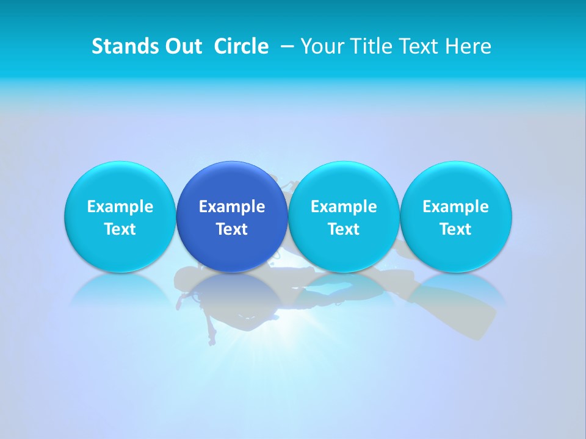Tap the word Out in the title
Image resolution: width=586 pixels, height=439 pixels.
coord(182,46)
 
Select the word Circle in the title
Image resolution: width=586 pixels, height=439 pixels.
coord(241,46)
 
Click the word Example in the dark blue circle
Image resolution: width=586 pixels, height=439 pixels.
coord(232,207)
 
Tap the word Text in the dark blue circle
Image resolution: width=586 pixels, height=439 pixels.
coord(232,229)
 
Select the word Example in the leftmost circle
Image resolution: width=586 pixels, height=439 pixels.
coord(120,207)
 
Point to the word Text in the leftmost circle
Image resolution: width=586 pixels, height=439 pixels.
coord(120,229)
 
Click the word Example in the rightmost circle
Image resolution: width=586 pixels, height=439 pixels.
coord(456,207)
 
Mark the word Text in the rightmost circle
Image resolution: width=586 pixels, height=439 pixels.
coord(456,229)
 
